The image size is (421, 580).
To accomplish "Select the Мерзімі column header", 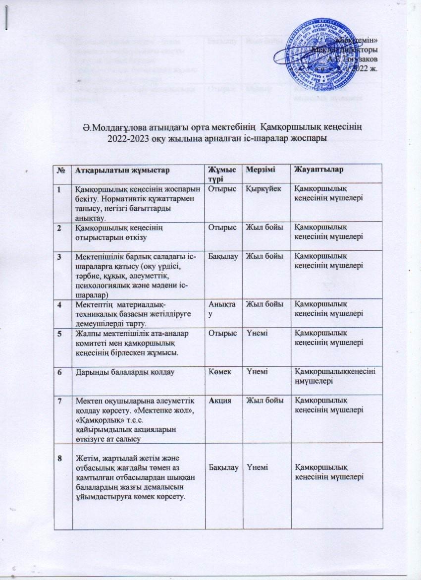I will pyautogui.click(x=256, y=170).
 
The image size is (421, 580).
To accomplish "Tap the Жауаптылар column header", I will pyautogui.click(x=317, y=170).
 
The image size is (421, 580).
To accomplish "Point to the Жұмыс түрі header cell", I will pyautogui.click(x=219, y=174).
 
